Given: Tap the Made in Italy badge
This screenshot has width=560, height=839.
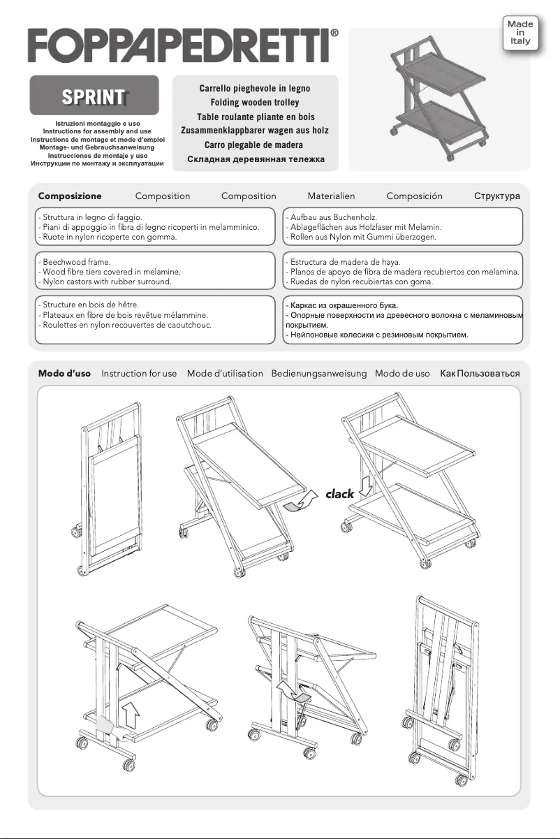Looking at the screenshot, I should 520,33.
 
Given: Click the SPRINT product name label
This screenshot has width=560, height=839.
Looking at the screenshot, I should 94,97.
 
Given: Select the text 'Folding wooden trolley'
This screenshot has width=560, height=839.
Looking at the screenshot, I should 254,103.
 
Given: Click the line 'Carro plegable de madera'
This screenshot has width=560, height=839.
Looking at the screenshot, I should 254,145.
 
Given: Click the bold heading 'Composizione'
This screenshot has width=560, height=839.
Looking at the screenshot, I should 70,196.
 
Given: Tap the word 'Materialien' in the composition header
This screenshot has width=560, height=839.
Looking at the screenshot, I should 331,196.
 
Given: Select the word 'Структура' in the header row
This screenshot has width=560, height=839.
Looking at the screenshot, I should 496,196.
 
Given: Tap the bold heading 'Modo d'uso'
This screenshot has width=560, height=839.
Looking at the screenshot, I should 64,374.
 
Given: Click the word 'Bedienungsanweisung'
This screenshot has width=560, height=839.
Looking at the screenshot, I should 318,374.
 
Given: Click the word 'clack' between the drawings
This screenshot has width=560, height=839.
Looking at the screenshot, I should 340,494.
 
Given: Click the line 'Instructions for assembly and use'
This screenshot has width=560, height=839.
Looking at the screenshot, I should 97,131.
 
